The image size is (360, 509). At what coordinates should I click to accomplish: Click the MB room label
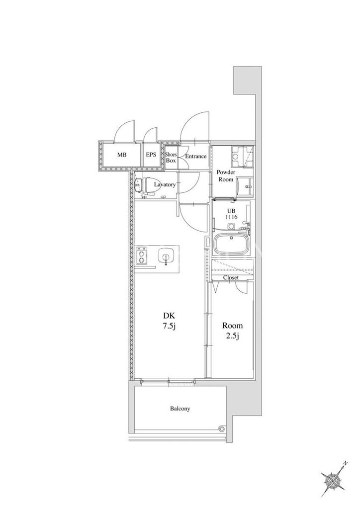[122, 155]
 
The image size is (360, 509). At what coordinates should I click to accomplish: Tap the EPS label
[151, 155]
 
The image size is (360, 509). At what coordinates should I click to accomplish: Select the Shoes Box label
[171, 158]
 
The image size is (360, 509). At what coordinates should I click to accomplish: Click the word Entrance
[196, 156]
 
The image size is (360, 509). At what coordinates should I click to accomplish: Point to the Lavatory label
[165, 185]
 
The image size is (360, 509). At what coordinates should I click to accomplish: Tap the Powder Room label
[226, 175]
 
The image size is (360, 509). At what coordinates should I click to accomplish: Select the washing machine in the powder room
[242, 157]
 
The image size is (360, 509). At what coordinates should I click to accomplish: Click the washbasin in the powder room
[245, 187]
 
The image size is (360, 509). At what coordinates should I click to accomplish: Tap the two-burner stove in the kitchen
[142, 256]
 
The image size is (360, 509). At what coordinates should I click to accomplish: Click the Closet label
[231, 277]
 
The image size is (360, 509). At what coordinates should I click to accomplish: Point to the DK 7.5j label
[169, 321]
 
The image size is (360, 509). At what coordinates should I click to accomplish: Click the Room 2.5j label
[232, 331]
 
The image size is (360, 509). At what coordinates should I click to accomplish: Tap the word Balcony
[180, 409]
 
